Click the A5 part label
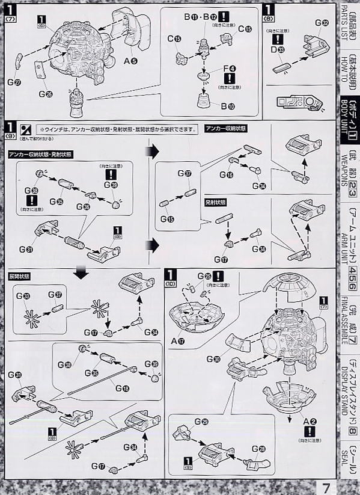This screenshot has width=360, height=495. [x=129, y=60]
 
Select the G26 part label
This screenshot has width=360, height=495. [x=44, y=94]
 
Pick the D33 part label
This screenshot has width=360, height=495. [x=278, y=49]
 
